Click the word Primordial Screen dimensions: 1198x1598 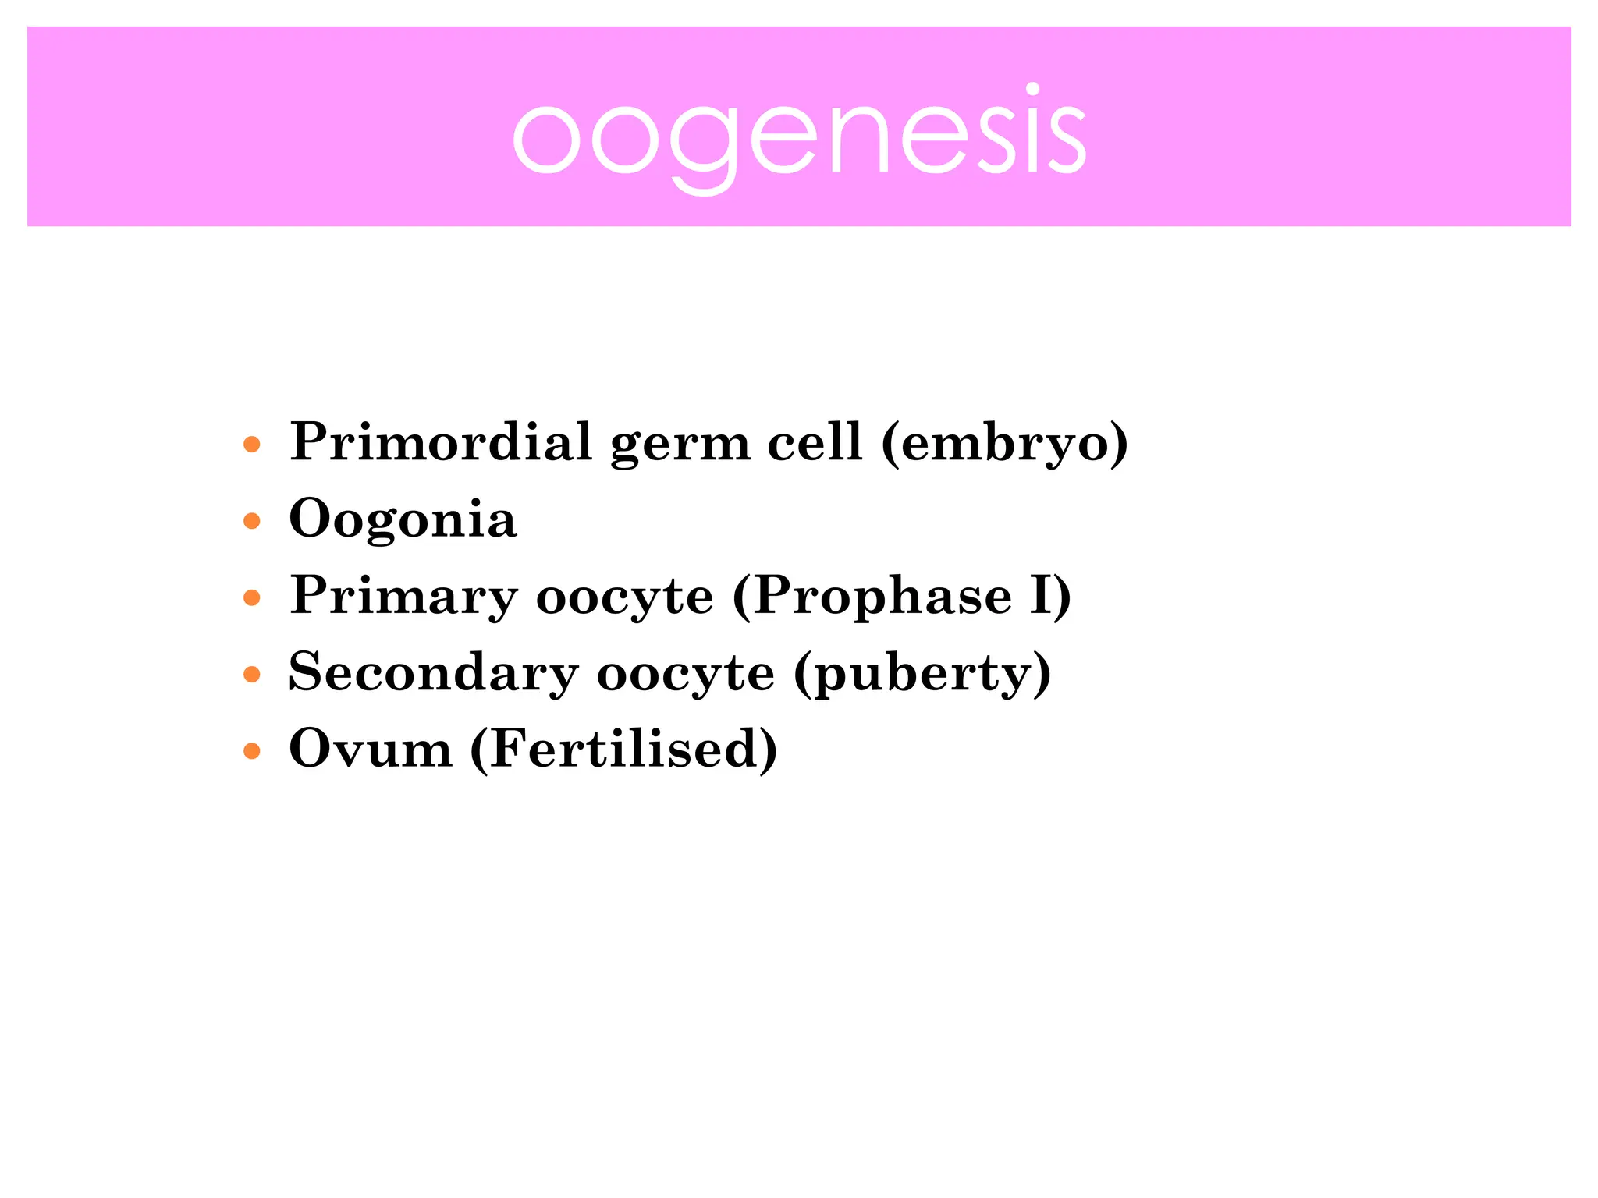(x=441, y=441)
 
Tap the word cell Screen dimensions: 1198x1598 (x=815, y=441)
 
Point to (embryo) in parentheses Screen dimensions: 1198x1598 (x=1005, y=443)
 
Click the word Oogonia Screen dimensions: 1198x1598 (x=403, y=519)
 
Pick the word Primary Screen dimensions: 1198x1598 (x=403, y=597)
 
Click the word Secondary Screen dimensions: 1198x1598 (x=434, y=672)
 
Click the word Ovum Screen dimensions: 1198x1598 (x=371, y=749)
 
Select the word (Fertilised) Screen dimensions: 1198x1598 (x=623, y=749)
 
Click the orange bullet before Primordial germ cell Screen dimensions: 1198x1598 (x=251, y=445)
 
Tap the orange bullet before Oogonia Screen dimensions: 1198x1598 (x=251, y=521)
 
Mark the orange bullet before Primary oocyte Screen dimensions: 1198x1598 (x=251, y=598)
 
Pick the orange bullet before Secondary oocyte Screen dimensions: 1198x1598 (x=251, y=675)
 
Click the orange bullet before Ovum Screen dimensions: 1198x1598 (x=251, y=751)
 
